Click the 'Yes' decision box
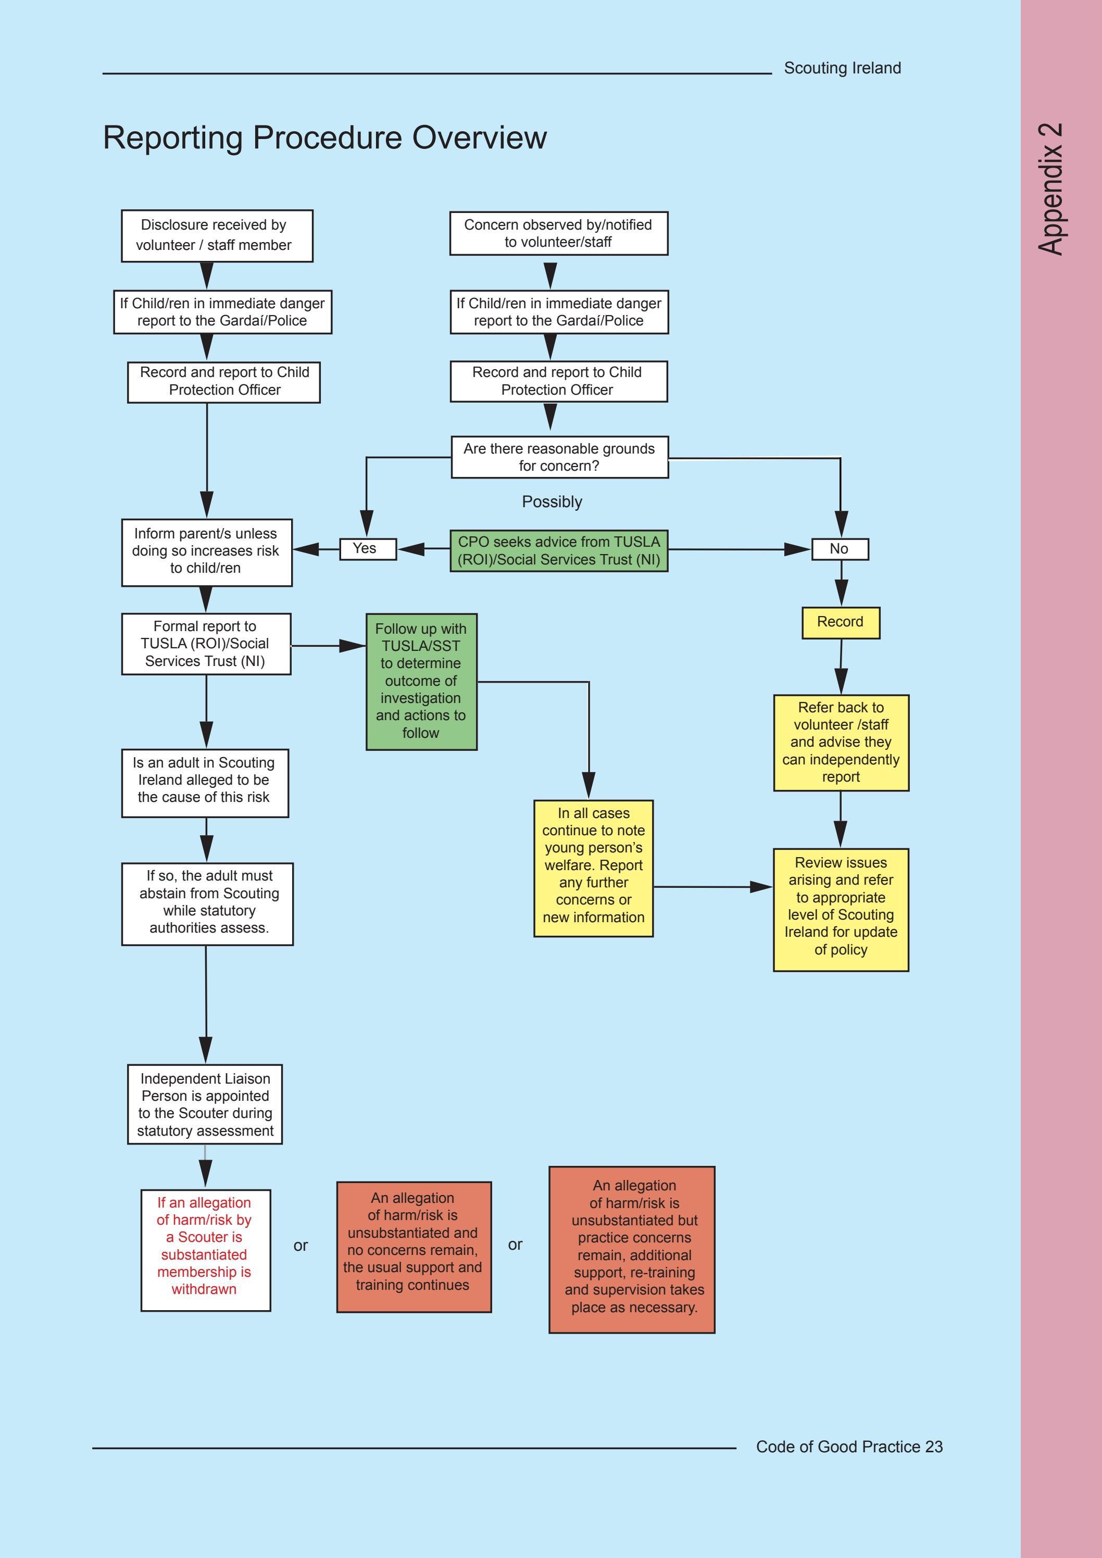[368, 549]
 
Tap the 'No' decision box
[840, 549]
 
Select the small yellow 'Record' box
[840, 622]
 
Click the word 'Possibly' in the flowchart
[552, 502]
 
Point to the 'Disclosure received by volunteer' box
[217, 235]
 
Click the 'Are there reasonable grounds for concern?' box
[559, 457]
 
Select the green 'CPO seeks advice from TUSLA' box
[558, 551]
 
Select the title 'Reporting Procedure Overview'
[324, 138]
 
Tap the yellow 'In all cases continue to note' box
[593, 868]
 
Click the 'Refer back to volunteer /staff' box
[841, 743]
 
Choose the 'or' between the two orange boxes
[515, 1245]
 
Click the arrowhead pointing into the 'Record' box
[841, 593]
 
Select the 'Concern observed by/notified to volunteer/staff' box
[558, 233]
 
